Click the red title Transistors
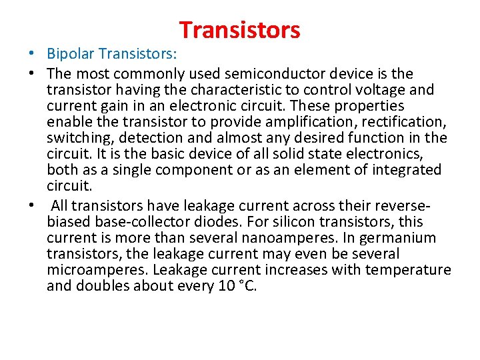(239, 30)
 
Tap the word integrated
(400, 170)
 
